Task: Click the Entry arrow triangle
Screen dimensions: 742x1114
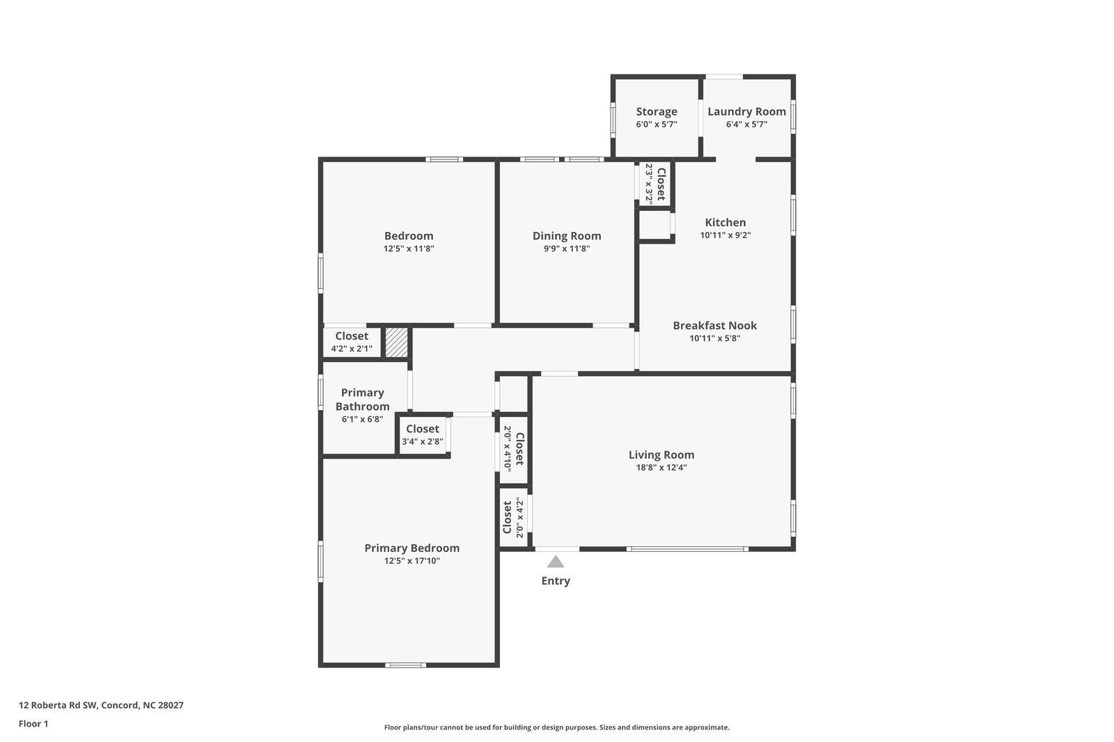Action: (x=555, y=562)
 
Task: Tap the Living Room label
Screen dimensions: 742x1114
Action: (x=661, y=455)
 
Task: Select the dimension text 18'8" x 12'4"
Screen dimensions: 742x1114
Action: (x=661, y=468)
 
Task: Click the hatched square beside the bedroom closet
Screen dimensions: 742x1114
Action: (x=396, y=343)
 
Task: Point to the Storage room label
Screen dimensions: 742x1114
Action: (x=656, y=111)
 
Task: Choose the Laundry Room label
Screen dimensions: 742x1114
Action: (x=746, y=111)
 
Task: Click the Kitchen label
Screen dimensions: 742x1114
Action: (x=725, y=222)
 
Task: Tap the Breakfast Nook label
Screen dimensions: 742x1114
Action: (x=714, y=325)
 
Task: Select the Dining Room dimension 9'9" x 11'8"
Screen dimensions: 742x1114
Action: (x=566, y=248)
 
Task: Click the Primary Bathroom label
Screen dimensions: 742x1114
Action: (x=362, y=400)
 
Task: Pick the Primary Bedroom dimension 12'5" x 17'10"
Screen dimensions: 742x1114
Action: (x=411, y=561)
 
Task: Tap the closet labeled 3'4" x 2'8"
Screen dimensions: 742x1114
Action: (x=422, y=435)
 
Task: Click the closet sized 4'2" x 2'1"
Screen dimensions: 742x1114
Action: (x=352, y=342)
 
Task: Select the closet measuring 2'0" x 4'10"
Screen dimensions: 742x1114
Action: (x=514, y=449)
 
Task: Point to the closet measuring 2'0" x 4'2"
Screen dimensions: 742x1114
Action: (x=513, y=518)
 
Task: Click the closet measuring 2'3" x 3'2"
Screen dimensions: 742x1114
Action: (x=655, y=183)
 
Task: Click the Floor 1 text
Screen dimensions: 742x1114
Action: (x=33, y=724)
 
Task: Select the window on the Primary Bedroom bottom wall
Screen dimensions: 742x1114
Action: (x=406, y=665)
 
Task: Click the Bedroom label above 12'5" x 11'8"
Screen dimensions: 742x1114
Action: (x=409, y=236)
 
